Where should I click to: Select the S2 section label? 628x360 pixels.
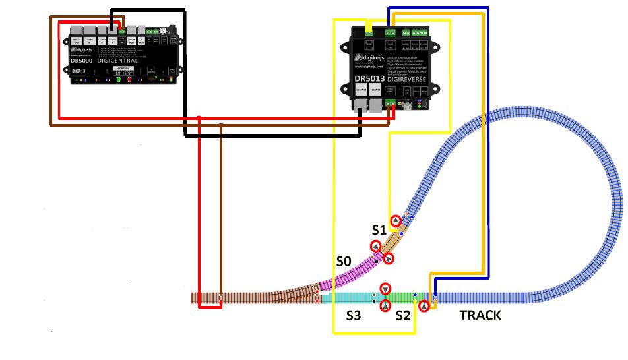point(403,316)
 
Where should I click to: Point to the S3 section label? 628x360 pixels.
point(354,316)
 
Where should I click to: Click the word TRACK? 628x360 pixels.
point(480,316)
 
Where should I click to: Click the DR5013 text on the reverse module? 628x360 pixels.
point(370,78)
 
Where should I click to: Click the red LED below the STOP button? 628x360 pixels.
point(129,80)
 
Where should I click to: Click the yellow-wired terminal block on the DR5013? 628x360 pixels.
point(369,30)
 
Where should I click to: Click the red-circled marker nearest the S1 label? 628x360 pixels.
point(396,221)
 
